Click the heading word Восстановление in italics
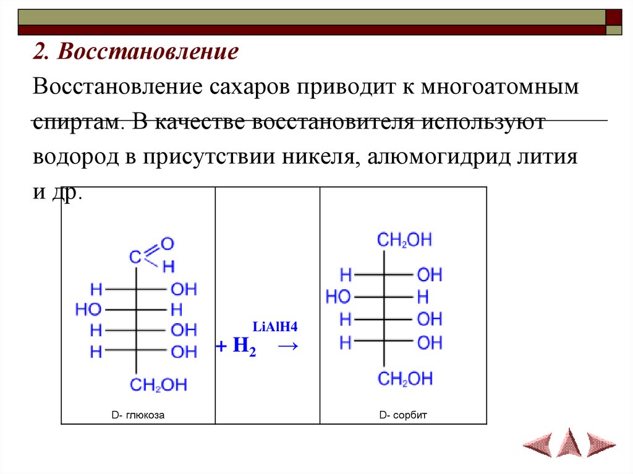point(148,52)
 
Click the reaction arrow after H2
point(286,347)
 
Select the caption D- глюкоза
point(138,415)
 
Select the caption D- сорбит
point(403,415)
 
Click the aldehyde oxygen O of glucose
point(167,243)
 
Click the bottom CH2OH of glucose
point(158,385)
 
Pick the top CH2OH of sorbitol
point(405,240)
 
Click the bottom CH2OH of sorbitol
point(405,379)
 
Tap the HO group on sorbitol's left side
point(338,297)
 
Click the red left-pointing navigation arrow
point(537,444)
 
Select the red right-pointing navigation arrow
point(601,444)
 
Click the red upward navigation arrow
point(569,442)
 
